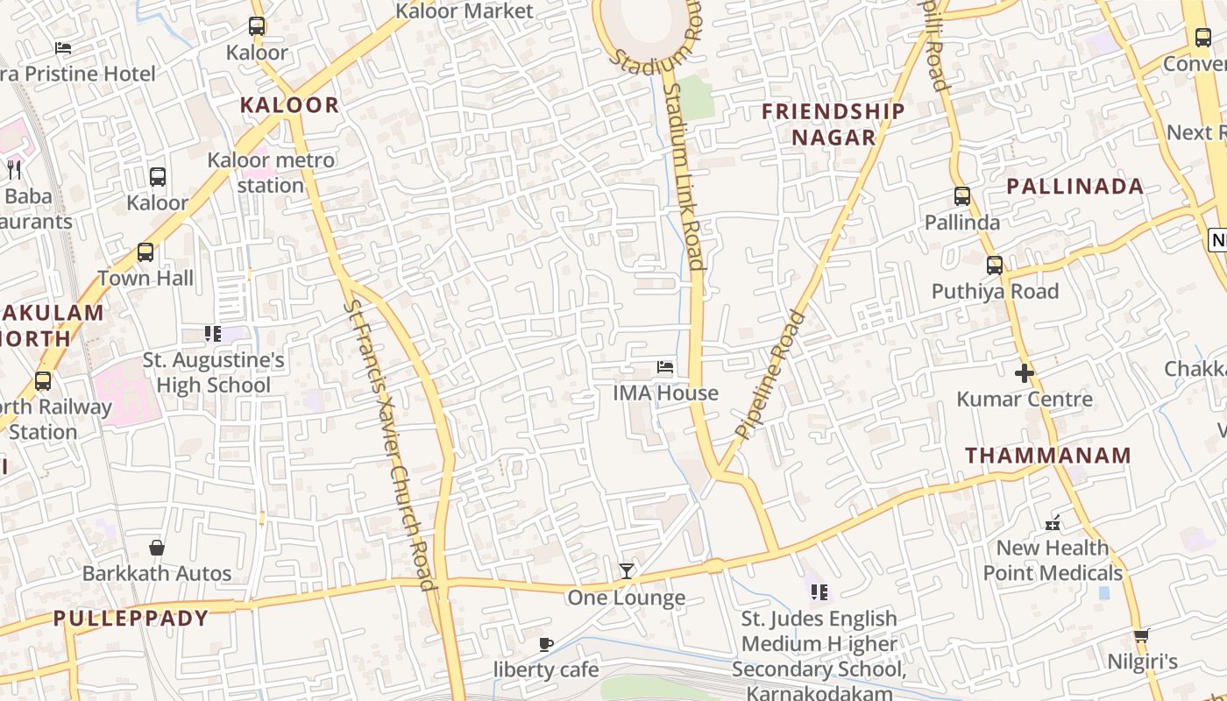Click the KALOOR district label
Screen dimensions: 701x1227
[289, 105]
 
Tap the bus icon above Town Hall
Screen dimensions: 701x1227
[145, 252]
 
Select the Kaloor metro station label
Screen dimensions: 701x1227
[271, 173]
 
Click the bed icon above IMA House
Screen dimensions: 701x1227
[665, 367]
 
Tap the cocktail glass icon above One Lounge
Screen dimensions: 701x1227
[626, 571]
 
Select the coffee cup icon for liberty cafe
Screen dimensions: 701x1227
[546, 645]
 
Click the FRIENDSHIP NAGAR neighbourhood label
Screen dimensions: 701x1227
[833, 124]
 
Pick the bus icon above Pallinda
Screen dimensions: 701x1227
[962, 196]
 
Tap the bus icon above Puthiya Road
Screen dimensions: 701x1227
[995, 265]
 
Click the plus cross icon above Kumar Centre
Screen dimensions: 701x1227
[1025, 374]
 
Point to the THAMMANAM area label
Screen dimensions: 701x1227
[1048, 456]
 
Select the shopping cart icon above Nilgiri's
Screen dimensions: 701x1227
[1141, 635]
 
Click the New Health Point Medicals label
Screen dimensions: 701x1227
[1053, 560]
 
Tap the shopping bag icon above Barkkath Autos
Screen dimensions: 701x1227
[157, 548]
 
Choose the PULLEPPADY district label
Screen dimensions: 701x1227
[131, 619]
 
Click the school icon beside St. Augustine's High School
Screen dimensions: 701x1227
[213, 333]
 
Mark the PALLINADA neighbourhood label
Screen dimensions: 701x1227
[1075, 186]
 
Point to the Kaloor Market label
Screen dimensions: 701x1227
[465, 11]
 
